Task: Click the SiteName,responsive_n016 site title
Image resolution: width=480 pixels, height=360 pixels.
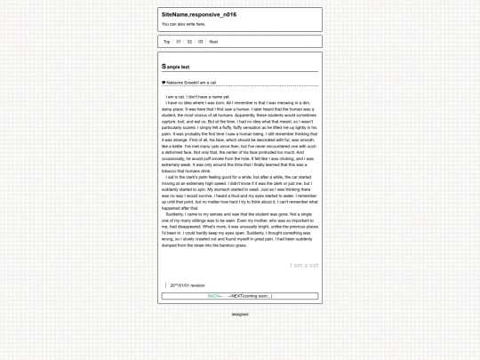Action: [x=199, y=15]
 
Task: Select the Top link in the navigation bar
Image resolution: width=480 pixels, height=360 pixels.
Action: [x=166, y=42]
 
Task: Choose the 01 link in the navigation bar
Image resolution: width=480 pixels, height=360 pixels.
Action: [x=179, y=42]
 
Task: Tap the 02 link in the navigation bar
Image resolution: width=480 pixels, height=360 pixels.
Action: [x=189, y=42]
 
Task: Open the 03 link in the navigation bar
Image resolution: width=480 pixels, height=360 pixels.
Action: [x=200, y=42]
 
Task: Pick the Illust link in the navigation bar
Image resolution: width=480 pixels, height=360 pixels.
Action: [x=213, y=42]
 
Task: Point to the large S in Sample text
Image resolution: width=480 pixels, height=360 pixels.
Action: [x=164, y=67]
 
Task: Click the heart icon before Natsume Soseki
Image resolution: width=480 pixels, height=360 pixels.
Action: [x=164, y=83]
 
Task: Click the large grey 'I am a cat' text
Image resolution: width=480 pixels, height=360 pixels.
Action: [x=303, y=265]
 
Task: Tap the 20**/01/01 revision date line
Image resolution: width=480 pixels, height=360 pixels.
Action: [x=187, y=285]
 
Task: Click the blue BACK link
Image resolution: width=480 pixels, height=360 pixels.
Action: [x=214, y=295]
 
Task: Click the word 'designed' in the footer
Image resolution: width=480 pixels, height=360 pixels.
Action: [x=240, y=314]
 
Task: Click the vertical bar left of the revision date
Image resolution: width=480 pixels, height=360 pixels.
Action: [x=165, y=285]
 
